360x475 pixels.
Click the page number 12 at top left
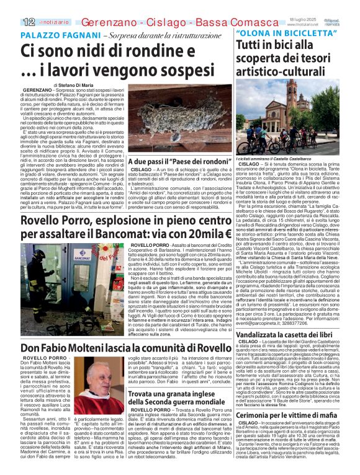pyautogui.click(x=11, y=22)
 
